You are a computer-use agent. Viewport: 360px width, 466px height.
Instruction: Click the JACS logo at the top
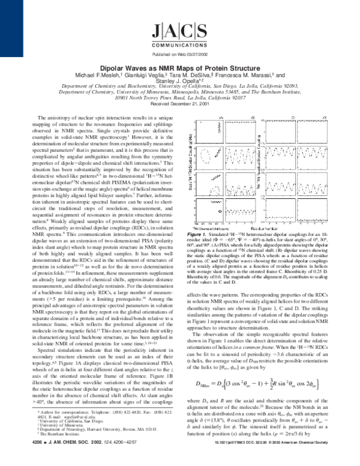(179, 29)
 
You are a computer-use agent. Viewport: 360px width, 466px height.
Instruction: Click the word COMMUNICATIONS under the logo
(179, 43)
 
